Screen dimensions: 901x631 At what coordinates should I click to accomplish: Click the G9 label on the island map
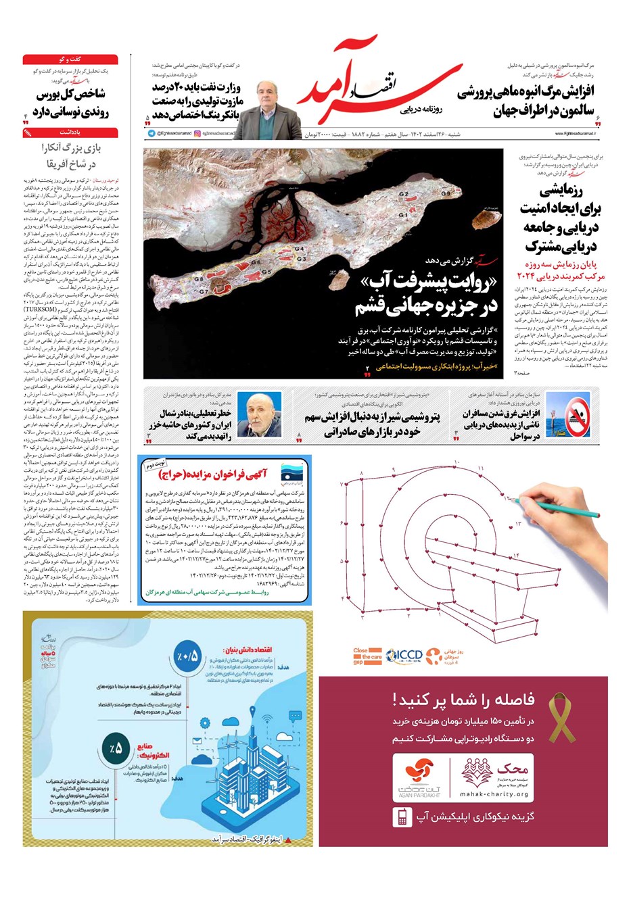pyautogui.click(x=445, y=194)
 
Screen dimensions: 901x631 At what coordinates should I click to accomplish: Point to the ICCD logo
pyautogui.click(x=404, y=654)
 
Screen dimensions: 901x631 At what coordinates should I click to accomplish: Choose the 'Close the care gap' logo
pyautogui.click(x=367, y=656)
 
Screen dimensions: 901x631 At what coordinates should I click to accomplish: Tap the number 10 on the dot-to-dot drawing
pyautogui.click(x=457, y=462)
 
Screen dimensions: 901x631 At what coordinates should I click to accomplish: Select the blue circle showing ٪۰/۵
pyautogui.click(x=189, y=656)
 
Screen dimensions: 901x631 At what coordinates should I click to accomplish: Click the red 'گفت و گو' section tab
pyautogui.click(x=70, y=59)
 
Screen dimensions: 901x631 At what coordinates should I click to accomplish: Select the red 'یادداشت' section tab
pyautogui.click(x=70, y=132)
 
